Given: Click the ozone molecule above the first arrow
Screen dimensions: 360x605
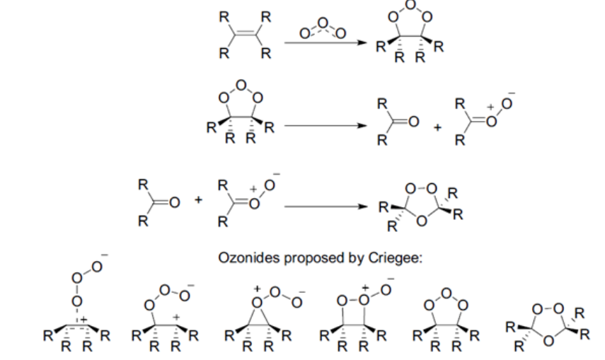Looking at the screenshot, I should click(x=322, y=29).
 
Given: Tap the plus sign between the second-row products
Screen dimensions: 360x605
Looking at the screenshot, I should click(x=437, y=128).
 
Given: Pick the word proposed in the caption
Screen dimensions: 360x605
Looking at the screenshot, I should click(x=314, y=257).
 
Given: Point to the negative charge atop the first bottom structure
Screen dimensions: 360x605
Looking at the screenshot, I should click(x=104, y=255).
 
